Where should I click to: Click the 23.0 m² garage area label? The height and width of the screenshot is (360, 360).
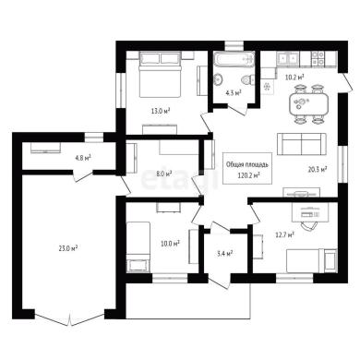click(67, 248)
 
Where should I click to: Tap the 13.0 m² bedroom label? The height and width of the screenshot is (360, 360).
click(161, 111)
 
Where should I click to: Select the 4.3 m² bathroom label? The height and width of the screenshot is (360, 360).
click(234, 92)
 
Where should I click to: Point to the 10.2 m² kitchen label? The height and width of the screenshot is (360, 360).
click(294, 77)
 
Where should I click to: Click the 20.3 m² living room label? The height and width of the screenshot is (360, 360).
click(318, 169)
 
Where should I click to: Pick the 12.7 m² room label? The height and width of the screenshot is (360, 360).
click(284, 235)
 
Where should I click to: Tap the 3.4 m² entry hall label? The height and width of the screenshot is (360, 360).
click(224, 254)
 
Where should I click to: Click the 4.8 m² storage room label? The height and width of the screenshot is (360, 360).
click(83, 159)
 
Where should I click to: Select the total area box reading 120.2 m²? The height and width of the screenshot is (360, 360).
click(247, 168)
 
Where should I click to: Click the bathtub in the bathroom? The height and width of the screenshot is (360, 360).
click(234, 59)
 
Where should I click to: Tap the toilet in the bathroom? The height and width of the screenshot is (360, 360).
click(247, 80)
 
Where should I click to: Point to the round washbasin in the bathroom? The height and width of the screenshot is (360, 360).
click(219, 79)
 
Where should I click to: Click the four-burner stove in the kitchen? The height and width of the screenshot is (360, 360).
click(318, 58)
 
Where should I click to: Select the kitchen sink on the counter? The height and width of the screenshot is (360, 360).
click(288, 58)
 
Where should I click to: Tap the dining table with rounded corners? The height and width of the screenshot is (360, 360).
click(308, 103)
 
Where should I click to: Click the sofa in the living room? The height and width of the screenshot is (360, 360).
click(302, 144)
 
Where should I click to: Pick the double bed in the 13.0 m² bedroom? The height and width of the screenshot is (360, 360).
click(160, 75)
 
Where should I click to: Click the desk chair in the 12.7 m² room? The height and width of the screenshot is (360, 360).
click(308, 225)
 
